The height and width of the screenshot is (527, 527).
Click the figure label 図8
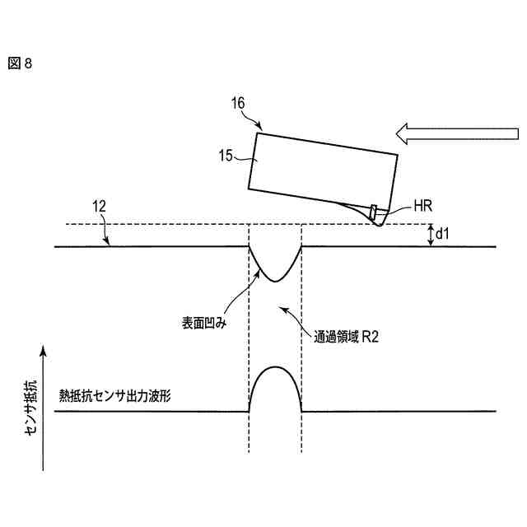(x=21, y=63)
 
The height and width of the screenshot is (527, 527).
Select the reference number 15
(x=225, y=153)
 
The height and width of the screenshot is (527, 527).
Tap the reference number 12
(x=98, y=209)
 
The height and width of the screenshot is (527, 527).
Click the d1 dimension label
(x=441, y=236)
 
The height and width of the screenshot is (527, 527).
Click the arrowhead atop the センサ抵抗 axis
(x=41, y=352)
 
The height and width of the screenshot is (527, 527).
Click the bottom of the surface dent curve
(x=275, y=281)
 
